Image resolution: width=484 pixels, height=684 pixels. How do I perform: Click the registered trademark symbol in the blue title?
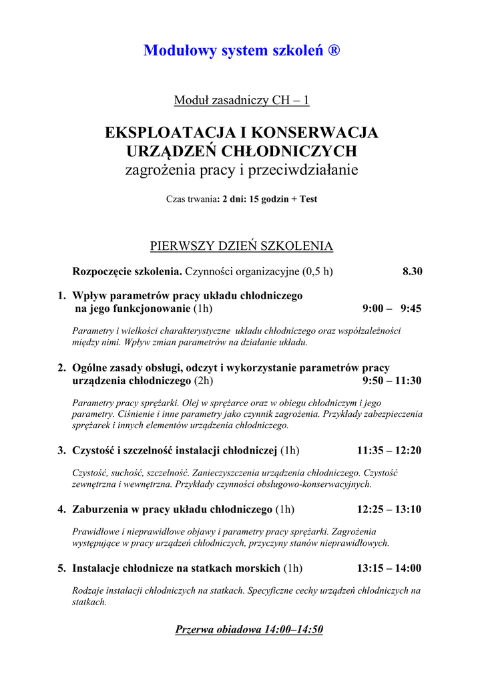coord(334,51)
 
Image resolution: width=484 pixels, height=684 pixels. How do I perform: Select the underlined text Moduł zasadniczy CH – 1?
coord(242,101)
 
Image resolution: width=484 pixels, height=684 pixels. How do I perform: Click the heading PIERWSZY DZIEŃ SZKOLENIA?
coord(242,246)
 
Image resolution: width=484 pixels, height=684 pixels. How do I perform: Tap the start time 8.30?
coord(412,272)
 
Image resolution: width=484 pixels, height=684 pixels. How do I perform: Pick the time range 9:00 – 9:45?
coord(392,309)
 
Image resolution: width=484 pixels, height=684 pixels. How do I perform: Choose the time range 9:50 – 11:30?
coord(392,381)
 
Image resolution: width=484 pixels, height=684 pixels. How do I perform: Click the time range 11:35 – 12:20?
coord(389,450)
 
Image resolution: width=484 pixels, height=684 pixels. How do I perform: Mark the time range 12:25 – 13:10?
coord(389,510)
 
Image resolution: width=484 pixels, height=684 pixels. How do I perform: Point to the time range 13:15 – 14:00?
coord(389,569)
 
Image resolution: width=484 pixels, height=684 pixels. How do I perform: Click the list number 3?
coord(61,450)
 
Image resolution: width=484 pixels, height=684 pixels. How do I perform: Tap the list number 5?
coord(61,569)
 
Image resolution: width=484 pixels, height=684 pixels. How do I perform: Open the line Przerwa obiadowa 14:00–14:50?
coord(249,630)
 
